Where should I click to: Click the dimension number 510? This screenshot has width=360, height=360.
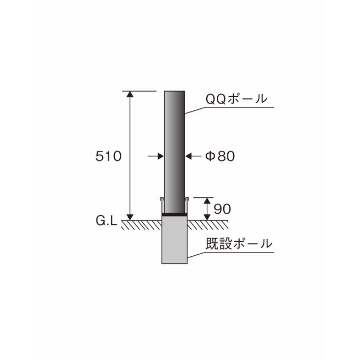click(x=108, y=156)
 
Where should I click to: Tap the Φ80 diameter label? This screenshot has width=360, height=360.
click(x=220, y=156)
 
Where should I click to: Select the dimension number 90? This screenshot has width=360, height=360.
click(x=222, y=209)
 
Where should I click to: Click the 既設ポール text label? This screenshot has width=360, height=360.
click(x=238, y=243)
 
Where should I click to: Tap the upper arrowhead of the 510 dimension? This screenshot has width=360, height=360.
click(x=130, y=94)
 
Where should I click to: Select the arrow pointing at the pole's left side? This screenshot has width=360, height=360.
click(x=160, y=156)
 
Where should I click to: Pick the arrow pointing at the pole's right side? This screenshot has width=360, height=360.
click(x=190, y=156)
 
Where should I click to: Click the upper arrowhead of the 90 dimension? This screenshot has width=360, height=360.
click(x=207, y=201)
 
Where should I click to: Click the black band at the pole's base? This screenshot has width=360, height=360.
click(x=175, y=214)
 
